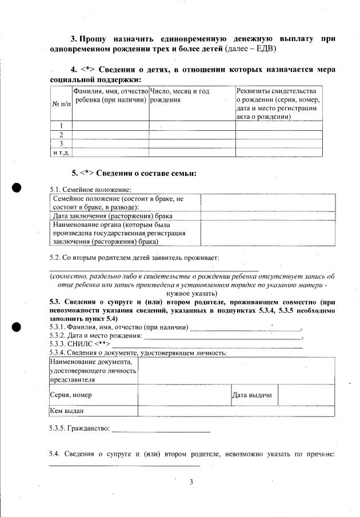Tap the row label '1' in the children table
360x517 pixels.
(61, 126)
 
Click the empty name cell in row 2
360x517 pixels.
(110, 135)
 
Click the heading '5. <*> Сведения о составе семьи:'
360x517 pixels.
(134, 173)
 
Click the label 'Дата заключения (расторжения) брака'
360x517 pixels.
(113, 216)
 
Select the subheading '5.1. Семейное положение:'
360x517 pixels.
(91, 189)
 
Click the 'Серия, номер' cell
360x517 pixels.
(71, 395)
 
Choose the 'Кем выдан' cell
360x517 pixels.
(67, 411)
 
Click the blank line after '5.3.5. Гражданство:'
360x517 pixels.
(161, 430)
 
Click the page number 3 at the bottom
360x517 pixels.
(191, 482)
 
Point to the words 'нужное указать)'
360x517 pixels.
(191, 292)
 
